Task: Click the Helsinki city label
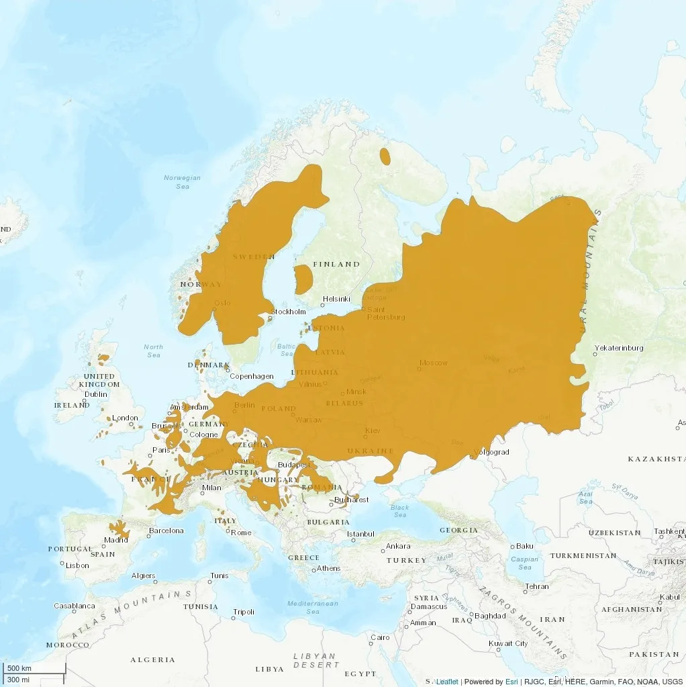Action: click(x=336, y=299)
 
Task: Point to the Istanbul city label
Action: click(x=360, y=534)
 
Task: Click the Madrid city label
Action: click(x=116, y=540)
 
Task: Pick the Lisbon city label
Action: click(x=77, y=565)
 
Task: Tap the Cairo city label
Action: click(x=380, y=637)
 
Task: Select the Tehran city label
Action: click(x=536, y=586)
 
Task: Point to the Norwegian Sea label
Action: click(x=183, y=182)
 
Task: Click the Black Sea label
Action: click(x=399, y=511)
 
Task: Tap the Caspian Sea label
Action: click(x=525, y=563)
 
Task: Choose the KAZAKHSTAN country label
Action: click(x=656, y=459)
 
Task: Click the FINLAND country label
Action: click(x=336, y=264)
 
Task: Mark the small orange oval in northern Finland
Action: click(x=385, y=156)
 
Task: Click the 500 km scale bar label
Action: click(x=19, y=669)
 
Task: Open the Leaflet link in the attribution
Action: click(x=447, y=682)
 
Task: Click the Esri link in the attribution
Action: click(x=511, y=682)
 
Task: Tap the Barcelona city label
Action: click(x=166, y=531)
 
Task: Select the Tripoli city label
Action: click(x=244, y=612)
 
